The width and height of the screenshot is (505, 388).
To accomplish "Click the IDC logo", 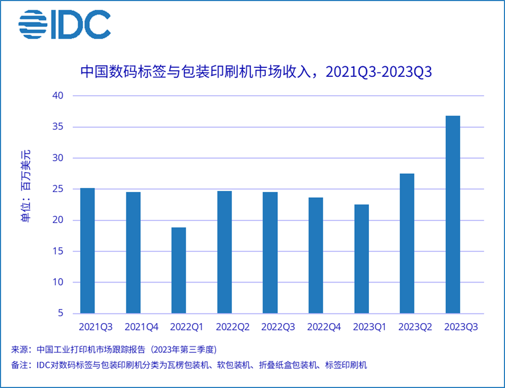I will [64, 24].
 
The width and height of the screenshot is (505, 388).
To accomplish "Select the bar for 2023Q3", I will [453, 215].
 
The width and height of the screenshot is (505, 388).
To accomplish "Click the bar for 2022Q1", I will [179, 271].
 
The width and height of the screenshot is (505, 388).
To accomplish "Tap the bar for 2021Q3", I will [87, 251].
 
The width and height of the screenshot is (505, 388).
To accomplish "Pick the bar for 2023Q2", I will [407, 243].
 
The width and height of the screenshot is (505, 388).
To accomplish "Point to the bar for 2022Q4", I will [315, 255].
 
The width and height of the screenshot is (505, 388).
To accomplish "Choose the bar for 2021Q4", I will [133, 252].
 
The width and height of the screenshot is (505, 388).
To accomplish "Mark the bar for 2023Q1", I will [362, 259].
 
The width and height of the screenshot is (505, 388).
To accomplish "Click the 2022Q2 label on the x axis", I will [233, 327].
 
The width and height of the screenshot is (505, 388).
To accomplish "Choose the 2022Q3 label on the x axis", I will [278, 327].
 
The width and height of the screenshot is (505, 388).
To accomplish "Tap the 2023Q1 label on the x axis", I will [370, 327].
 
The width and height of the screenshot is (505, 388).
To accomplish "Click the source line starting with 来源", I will [114, 349].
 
